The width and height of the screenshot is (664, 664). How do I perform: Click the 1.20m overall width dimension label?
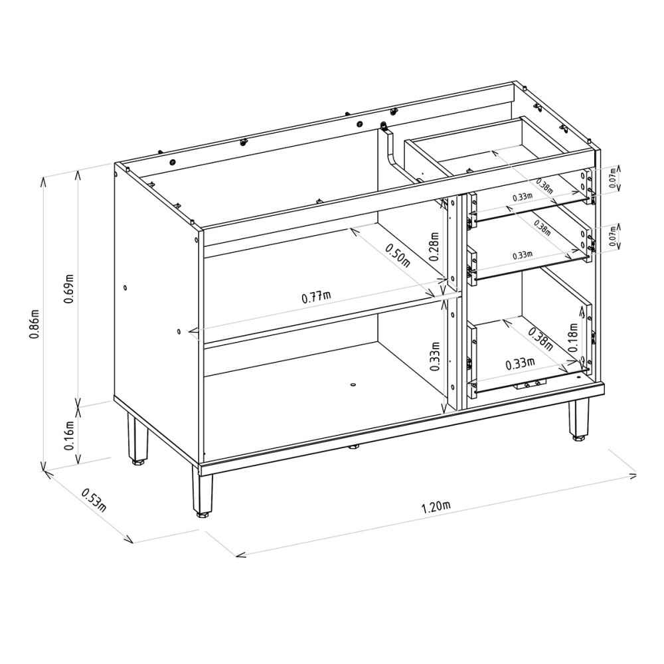(x=436, y=506)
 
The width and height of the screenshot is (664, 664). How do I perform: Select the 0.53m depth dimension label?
(x=94, y=500)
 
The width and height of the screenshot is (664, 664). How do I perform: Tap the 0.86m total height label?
(x=34, y=324)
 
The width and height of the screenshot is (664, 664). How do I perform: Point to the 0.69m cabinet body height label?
(x=69, y=289)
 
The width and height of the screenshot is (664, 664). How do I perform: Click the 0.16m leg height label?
(x=69, y=436)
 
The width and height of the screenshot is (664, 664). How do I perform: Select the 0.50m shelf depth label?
(x=398, y=256)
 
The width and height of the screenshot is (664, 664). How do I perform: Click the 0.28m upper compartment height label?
(x=434, y=246)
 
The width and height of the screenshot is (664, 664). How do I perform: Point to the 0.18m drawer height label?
(x=573, y=337)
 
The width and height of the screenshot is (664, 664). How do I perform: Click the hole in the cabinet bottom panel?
(x=354, y=384)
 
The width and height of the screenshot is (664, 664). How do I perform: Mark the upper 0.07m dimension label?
(x=612, y=179)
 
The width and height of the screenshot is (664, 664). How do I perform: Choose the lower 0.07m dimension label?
(x=612, y=237)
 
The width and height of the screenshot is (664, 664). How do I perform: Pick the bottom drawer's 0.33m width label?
(x=520, y=363)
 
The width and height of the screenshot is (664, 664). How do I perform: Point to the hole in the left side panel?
(x=125, y=288)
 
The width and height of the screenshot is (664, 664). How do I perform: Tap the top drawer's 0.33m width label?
(x=522, y=197)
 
